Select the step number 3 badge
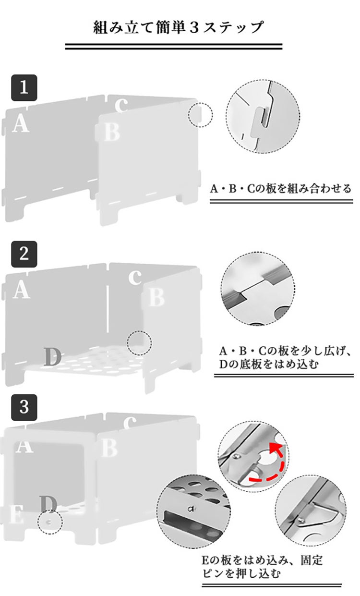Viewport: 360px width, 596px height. coord(24,407)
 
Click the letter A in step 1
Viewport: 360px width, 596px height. coord(21,123)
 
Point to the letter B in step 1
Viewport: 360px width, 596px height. coord(111,132)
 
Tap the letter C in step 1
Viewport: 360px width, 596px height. coord(122,104)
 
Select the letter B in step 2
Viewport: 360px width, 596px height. coord(156,297)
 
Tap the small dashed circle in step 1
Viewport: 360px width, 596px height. coord(200,115)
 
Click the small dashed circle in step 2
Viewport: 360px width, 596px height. coord(139,343)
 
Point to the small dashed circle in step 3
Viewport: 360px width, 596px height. coord(50,521)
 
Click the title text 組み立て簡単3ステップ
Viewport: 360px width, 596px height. coord(179,27)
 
